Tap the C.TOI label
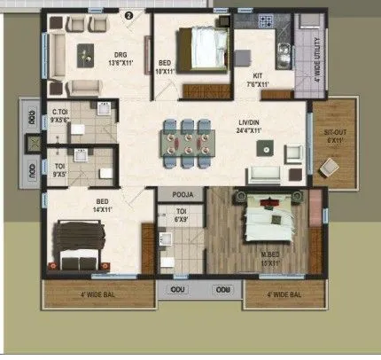coord(60,113)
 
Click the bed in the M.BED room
coord(267,221)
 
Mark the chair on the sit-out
coord(330,166)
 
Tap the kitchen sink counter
coord(286,55)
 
